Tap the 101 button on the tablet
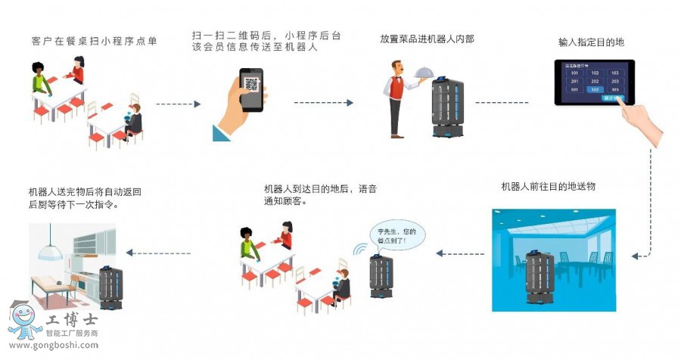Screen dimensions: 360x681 [x=576, y=73]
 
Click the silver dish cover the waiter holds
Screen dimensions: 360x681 [x=422, y=69]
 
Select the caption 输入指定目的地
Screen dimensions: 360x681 [x=591, y=42]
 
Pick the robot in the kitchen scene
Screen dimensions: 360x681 [x=111, y=287]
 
